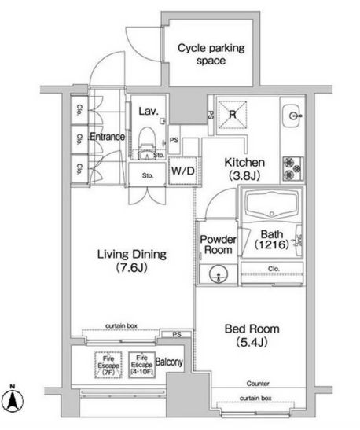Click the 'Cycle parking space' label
point(211,54)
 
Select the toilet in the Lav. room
point(145,143)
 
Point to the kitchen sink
point(296,116)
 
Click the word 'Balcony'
point(169,362)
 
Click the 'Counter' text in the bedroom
point(256,383)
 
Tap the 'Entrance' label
point(108,137)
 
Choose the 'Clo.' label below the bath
point(273,267)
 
